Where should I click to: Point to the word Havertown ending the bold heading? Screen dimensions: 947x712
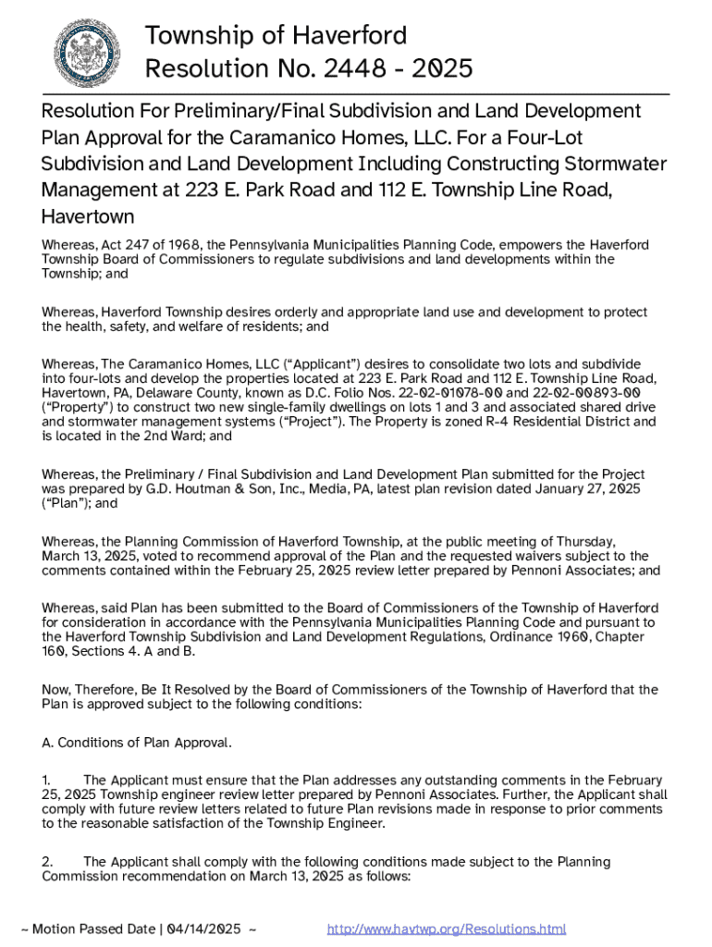pyautogui.click(x=88, y=217)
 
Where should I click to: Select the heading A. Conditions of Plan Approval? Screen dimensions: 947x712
pyautogui.click(x=137, y=743)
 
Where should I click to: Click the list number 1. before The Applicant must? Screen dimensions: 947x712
pyautogui.click(x=47, y=780)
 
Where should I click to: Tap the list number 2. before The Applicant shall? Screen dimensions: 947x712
pyautogui.click(x=47, y=861)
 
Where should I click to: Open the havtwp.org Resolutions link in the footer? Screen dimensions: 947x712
pyautogui.click(x=447, y=929)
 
